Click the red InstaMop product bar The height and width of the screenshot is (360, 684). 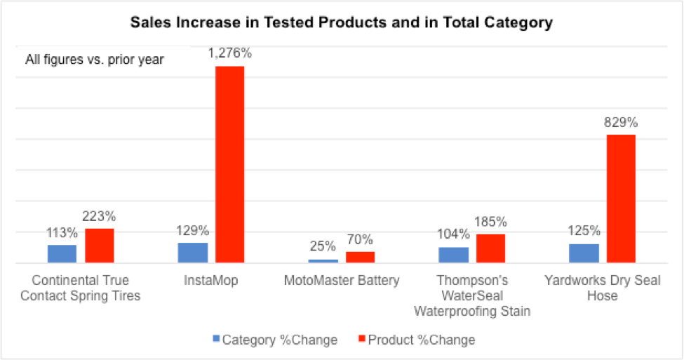click(x=229, y=164)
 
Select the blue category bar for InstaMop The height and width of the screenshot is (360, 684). click(x=192, y=253)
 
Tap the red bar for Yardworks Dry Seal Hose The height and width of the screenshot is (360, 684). click(x=621, y=199)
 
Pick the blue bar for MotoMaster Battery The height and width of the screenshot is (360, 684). click(x=323, y=261)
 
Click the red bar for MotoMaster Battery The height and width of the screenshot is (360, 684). click(x=360, y=257)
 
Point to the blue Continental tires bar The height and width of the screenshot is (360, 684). click(x=62, y=253)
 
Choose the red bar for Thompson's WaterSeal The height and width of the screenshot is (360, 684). click(x=490, y=248)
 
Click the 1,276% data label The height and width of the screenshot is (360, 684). click(x=229, y=54)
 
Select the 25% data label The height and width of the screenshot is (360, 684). click(x=323, y=247)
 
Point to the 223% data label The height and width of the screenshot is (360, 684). click(x=100, y=217)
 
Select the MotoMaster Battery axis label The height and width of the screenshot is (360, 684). click(x=342, y=281)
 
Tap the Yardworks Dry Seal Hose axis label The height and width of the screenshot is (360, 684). click(x=602, y=288)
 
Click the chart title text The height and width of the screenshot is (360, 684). click(x=342, y=22)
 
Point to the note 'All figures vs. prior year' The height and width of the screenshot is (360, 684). click(x=95, y=60)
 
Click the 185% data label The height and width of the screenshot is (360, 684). click(x=490, y=222)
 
